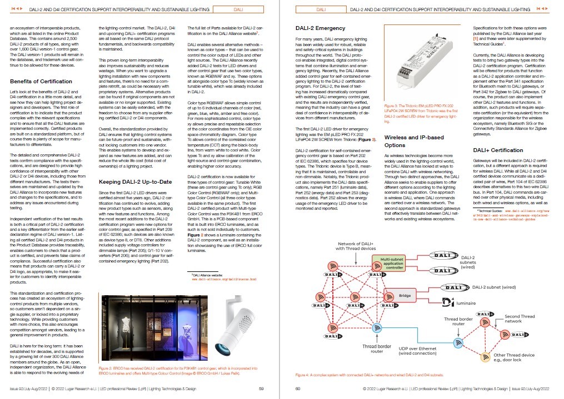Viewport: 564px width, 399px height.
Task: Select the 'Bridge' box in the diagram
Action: click(x=405, y=296)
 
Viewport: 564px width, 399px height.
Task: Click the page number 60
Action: click(x=298, y=388)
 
